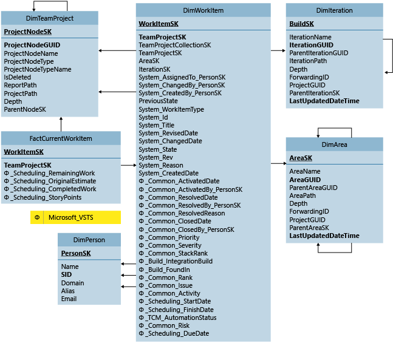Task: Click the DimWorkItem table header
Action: click(x=203, y=10)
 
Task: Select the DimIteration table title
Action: click(x=334, y=10)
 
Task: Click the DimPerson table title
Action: click(x=89, y=240)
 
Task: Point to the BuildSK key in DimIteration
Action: click(x=302, y=24)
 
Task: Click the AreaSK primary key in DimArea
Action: click(x=301, y=158)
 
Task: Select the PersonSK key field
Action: click(x=76, y=253)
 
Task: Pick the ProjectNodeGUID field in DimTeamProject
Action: click(x=32, y=45)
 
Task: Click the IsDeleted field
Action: click(x=18, y=78)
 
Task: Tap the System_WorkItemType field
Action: click(x=171, y=109)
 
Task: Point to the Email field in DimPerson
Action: click(x=69, y=299)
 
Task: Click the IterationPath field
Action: click(x=309, y=61)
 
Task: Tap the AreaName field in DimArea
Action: click(x=305, y=172)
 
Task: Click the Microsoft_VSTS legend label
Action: click(x=72, y=217)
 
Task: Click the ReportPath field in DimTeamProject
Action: click(x=21, y=86)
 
